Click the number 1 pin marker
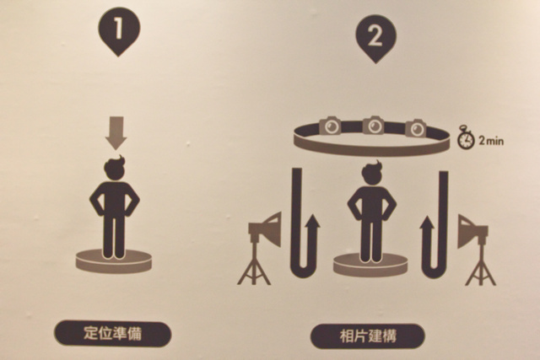(x=119, y=31)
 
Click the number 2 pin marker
(x=375, y=38)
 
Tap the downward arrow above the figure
(x=116, y=133)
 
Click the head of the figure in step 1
(x=115, y=168)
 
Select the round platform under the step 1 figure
(x=114, y=261)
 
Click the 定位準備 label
(x=112, y=334)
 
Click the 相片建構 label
(x=368, y=336)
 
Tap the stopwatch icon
(x=466, y=137)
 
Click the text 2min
(x=491, y=141)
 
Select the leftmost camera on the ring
(x=330, y=126)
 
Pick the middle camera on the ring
(x=374, y=126)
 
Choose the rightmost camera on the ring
(x=416, y=127)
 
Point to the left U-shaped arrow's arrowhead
(x=312, y=223)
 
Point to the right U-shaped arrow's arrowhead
(x=428, y=224)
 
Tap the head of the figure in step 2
(x=372, y=173)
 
